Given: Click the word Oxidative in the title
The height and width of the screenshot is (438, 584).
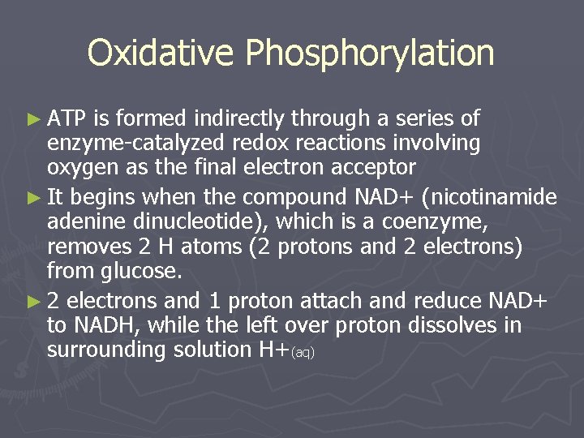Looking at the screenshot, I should (162, 54).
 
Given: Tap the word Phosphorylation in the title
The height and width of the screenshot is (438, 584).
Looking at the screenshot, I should (370, 54).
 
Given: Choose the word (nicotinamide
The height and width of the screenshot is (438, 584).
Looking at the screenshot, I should (497, 197).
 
